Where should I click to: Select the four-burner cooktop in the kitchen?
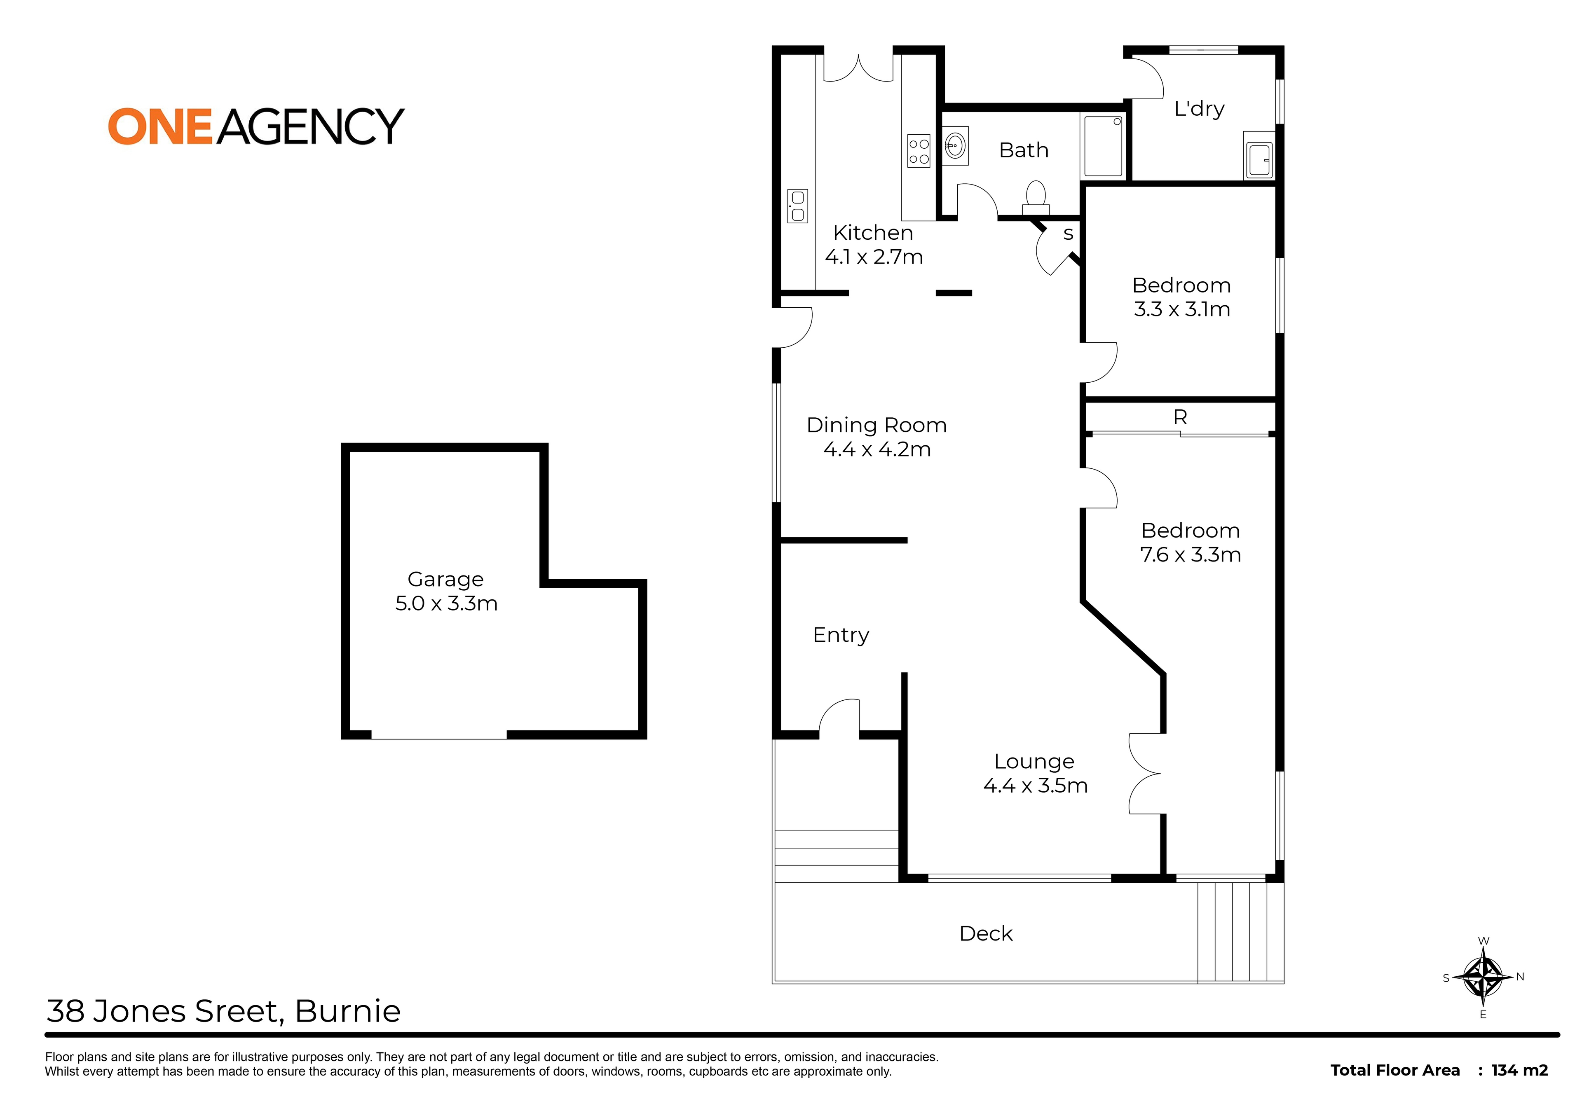(919, 151)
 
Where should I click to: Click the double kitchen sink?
(797, 206)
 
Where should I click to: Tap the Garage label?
(445, 579)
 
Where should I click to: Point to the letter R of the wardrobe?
(1180, 417)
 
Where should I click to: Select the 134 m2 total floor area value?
(1519, 1070)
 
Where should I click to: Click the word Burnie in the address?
(347, 1011)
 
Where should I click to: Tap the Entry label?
(841, 635)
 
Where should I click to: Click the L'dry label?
(1199, 109)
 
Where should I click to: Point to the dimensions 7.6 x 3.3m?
(1190, 554)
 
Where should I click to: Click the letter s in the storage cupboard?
(1068, 234)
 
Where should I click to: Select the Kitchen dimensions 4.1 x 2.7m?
(874, 257)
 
